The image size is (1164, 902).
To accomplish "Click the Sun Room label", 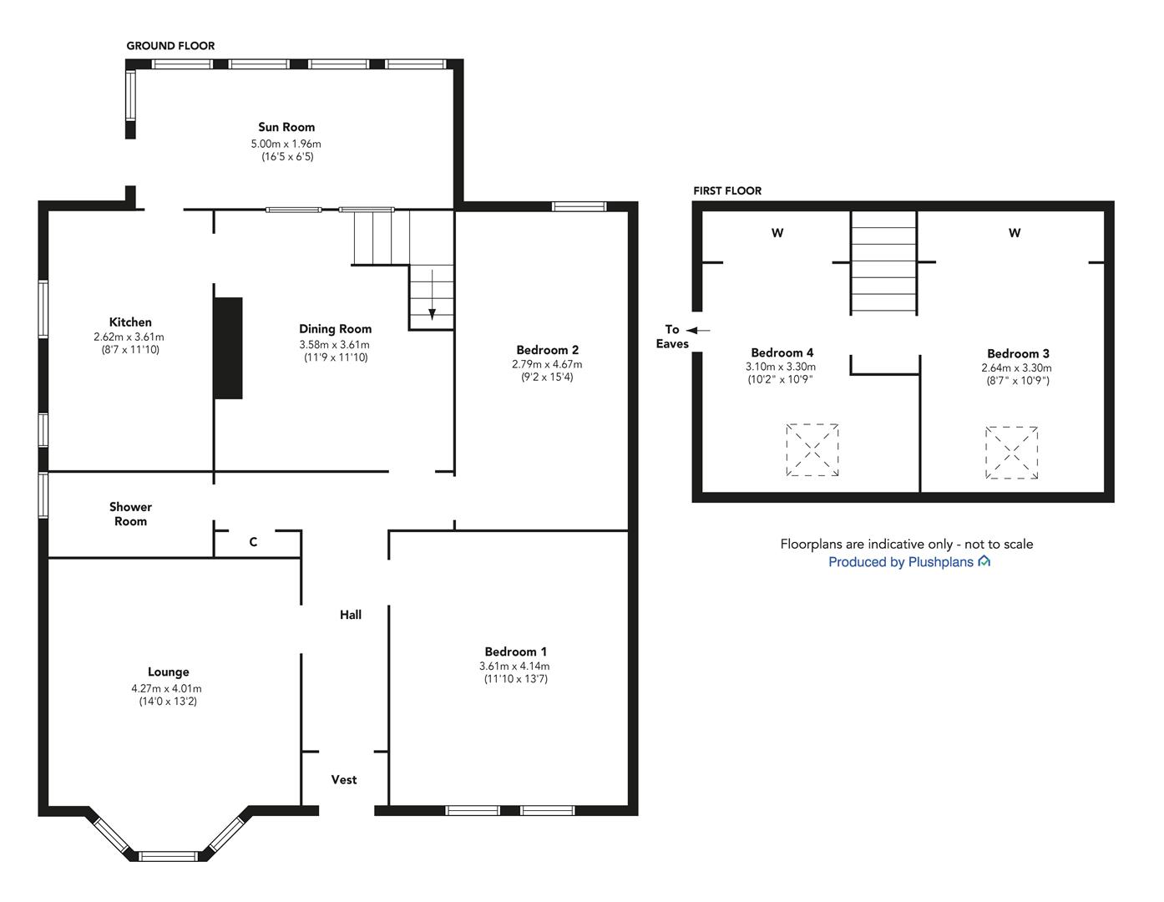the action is point(286,127).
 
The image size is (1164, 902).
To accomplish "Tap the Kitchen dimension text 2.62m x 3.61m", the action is point(129,337).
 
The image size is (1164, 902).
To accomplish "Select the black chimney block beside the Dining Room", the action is point(229,348).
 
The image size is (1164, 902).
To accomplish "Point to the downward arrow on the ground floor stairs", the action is point(432,295).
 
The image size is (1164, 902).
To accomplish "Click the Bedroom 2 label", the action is point(548,350).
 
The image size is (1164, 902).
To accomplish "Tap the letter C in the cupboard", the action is point(253,542).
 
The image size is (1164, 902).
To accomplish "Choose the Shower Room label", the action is point(131,514).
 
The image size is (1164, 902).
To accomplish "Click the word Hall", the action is point(351,615).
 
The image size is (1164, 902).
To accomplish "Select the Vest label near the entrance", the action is point(344,779).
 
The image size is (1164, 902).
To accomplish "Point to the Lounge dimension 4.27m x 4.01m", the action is point(166,688).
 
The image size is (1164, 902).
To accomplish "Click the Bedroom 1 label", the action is point(515,651).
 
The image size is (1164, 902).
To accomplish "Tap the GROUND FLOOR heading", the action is point(170,46).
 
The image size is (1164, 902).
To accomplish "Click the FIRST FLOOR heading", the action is point(727,190).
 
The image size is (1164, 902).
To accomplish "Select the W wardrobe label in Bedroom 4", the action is point(777,233).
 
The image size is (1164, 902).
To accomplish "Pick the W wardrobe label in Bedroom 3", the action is point(1014,233).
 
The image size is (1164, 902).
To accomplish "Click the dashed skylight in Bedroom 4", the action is point(812,450).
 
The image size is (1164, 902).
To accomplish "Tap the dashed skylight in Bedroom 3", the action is point(1011,453).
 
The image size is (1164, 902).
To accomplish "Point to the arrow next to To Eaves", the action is point(698,331).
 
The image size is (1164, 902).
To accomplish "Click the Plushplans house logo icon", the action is point(984,560).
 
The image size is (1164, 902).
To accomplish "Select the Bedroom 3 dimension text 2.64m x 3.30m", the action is point(1016,368).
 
